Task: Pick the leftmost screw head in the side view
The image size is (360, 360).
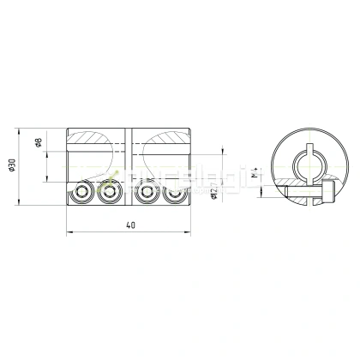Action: (83, 193)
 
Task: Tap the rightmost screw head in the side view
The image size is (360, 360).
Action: (176, 193)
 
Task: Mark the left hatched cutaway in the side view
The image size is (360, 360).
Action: (96, 139)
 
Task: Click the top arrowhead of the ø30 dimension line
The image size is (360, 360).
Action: (19, 130)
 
